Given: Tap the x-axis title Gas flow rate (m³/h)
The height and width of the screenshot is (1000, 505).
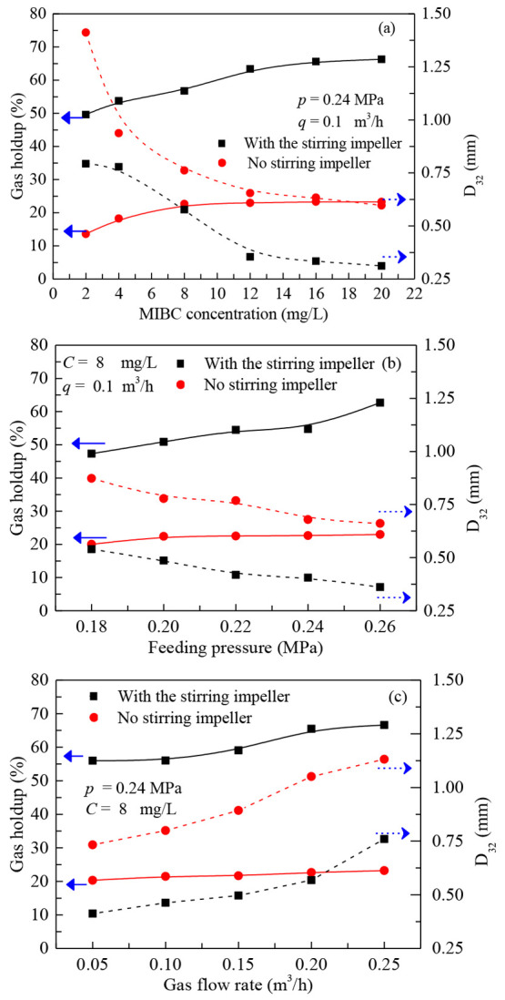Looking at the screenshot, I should (x=237, y=986).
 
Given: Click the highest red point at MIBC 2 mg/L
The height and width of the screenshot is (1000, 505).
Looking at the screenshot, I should (x=86, y=33).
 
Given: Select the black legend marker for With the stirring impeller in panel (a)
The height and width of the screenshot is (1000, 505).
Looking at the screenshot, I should (x=222, y=143).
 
